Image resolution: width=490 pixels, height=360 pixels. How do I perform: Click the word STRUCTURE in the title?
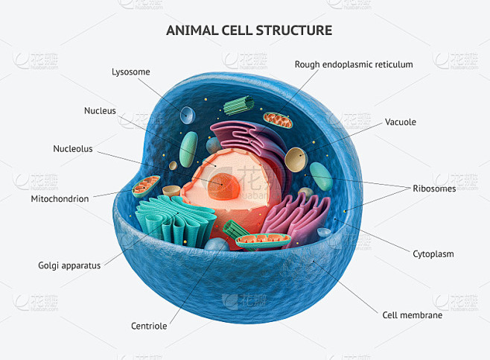[x=293, y=31]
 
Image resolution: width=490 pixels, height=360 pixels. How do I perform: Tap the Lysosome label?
[x=131, y=72]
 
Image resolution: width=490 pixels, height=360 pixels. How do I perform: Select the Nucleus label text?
[x=100, y=111]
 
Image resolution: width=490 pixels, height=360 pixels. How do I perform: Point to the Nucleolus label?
[x=73, y=148]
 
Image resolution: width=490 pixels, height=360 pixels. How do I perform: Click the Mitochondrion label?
[x=60, y=198]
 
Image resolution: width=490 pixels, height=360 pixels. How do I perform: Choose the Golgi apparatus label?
[x=69, y=266]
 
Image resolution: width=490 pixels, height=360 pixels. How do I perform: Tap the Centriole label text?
[x=149, y=326]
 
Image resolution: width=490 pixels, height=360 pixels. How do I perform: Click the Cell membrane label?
[x=413, y=315]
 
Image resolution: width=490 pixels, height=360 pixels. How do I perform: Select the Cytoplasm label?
[x=433, y=254]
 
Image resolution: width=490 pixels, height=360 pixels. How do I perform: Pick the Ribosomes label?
[x=434, y=189]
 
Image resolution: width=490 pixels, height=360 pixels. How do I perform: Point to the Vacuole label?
[x=401, y=122]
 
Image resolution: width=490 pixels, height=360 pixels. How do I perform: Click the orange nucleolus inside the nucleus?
[x=223, y=186]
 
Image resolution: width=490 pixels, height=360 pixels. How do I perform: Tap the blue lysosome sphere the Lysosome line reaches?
[x=187, y=115]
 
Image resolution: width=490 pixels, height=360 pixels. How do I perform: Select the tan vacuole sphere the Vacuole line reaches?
[x=296, y=160]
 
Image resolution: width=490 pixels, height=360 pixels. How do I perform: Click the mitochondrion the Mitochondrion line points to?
[x=146, y=186]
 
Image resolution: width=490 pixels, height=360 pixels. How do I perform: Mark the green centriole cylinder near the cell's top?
[x=238, y=105]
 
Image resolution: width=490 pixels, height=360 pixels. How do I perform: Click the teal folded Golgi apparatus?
[x=175, y=221]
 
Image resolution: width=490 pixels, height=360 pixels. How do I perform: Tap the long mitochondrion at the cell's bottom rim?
[x=263, y=241]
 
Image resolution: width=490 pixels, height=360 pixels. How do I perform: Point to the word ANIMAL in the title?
[x=192, y=31]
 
